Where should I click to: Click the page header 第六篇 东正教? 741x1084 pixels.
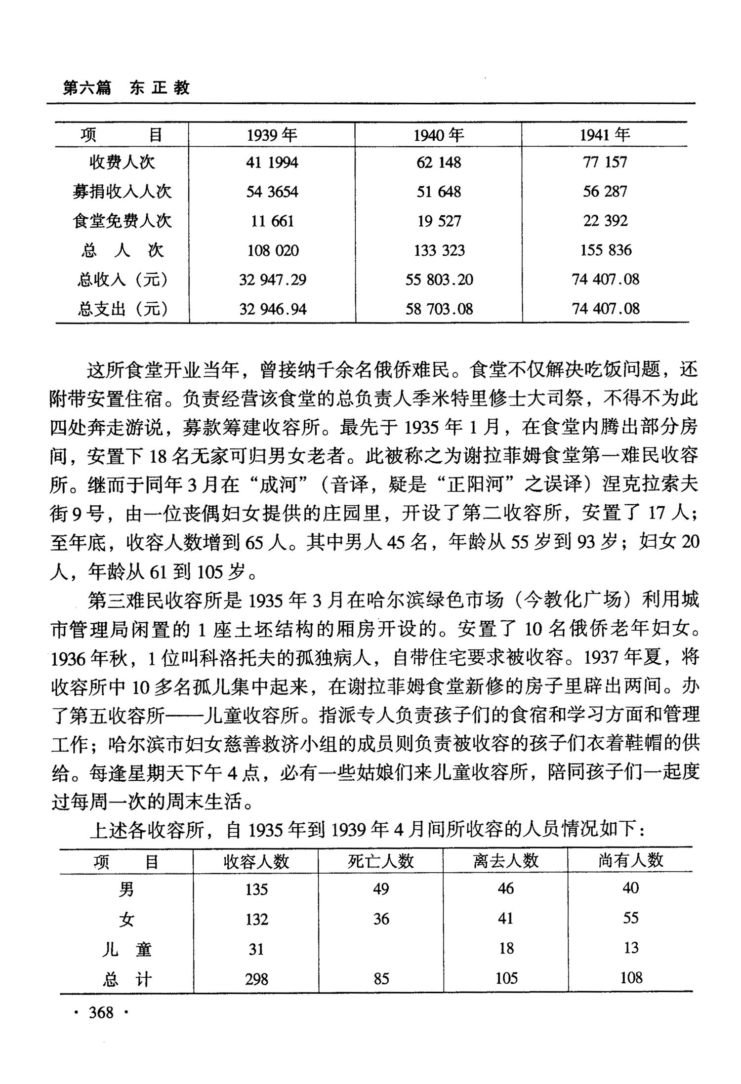126,88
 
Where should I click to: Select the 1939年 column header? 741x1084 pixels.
272,134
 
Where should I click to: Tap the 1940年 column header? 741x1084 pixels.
439,134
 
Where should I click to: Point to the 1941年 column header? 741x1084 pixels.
605,134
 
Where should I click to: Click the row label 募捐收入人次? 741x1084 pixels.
122,192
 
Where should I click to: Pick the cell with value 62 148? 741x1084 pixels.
439,162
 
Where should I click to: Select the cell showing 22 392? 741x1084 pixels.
605,221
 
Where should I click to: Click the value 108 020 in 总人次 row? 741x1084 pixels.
273,250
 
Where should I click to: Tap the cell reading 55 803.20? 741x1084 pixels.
439,280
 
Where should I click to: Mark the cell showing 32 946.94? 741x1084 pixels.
273,309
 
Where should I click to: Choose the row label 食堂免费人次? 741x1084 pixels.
122,221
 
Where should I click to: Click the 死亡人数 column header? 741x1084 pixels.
381,862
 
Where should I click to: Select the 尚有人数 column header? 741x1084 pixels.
631,861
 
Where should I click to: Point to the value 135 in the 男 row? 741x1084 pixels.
256,889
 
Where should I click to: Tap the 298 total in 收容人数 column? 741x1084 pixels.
256,978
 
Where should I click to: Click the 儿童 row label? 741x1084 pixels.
126,949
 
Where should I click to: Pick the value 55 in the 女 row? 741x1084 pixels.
631,919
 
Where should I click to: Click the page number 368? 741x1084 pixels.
101,1012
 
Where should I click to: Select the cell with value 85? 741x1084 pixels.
381,978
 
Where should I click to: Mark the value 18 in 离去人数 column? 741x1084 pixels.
506,949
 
